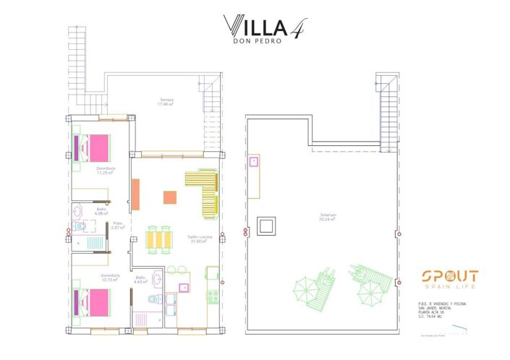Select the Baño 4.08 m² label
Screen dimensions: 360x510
coord(102,211)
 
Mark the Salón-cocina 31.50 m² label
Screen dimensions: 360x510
coord(199,239)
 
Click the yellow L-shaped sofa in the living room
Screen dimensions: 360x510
coord(203,188)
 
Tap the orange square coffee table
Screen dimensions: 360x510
coord(169,197)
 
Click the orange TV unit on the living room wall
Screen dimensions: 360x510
coord(135,194)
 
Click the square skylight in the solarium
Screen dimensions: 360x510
coord(265,226)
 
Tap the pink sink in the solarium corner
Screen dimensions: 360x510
coord(255,162)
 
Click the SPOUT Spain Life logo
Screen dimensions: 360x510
coord(449,280)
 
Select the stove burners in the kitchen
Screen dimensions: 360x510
coord(213,296)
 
